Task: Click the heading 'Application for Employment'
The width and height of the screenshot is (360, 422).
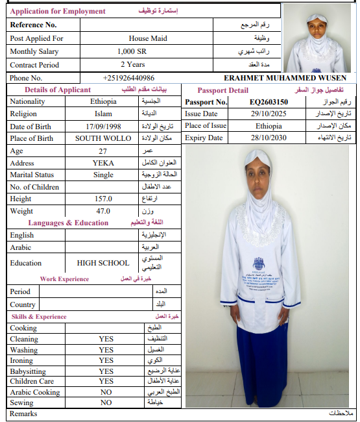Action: [x=58, y=11]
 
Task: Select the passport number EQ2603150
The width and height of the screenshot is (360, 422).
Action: [x=269, y=102]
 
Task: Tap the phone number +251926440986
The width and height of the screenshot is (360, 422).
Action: [x=128, y=78]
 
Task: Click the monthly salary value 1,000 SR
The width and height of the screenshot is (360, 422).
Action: [x=132, y=51]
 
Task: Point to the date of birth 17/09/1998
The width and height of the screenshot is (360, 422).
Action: [x=103, y=126]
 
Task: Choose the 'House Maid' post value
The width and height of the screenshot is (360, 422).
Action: [x=147, y=38]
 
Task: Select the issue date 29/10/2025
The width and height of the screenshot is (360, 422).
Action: [x=269, y=114]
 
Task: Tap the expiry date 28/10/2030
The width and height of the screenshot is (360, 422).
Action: [x=269, y=138]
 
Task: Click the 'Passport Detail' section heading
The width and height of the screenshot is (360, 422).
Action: [x=222, y=90]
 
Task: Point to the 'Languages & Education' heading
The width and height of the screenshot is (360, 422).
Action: [x=68, y=223]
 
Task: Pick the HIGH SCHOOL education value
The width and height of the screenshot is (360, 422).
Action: [x=103, y=263]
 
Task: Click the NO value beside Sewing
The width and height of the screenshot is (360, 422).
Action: [x=106, y=403]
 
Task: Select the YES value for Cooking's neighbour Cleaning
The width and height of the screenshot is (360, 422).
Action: [x=106, y=339]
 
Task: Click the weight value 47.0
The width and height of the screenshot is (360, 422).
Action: [x=103, y=211]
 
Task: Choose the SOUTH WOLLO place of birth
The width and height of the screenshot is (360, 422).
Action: [x=103, y=138]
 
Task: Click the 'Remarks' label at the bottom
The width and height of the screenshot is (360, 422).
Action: [x=23, y=414]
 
